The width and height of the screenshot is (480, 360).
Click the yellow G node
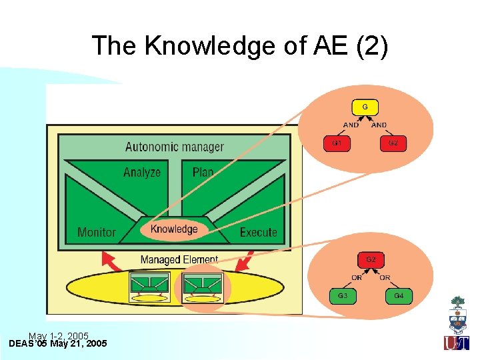tap(365, 107)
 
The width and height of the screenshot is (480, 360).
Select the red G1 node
tap(337, 143)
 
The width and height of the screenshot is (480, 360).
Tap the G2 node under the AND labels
tap(393, 143)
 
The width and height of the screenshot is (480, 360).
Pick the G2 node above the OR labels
tap(371, 259)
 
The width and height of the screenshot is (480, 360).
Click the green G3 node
tap(343, 295)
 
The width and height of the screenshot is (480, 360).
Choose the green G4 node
tap(399, 295)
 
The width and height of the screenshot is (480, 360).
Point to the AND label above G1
tap(351, 125)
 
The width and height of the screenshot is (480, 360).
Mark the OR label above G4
tap(385, 277)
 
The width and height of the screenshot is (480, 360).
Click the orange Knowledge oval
tap(174, 229)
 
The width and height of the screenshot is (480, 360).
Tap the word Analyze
tap(142, 172)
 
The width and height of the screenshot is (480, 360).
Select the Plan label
tap(203, 172)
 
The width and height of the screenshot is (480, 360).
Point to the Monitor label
tap(97, 232)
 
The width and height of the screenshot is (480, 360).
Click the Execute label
tap(258, 232)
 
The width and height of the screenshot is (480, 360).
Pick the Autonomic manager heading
tap(175, 147)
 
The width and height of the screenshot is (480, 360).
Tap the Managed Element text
tap(179, 259)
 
